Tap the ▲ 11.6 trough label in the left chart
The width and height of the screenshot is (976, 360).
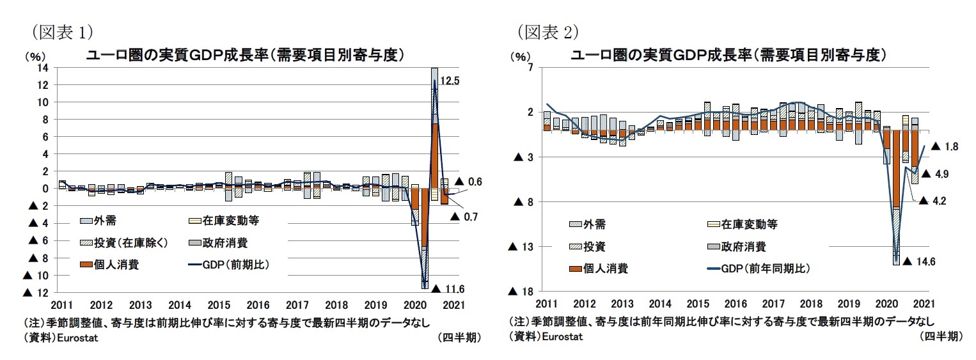point(448,289)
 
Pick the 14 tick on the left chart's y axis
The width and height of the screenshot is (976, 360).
point(43,68)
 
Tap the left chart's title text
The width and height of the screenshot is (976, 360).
point(246,55)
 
